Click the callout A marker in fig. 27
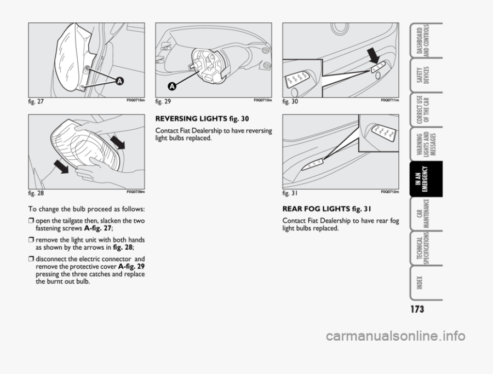pos(118,81)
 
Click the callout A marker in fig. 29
pos(171,87)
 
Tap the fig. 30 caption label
pos(290,102)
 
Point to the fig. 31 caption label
pos(290,193)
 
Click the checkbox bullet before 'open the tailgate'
pos(31,221)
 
